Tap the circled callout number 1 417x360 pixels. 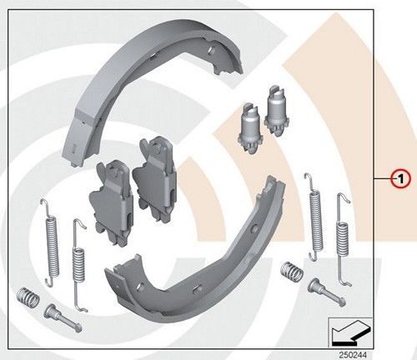(x=399, y=177)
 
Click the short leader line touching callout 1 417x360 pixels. (x=383, y=177)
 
